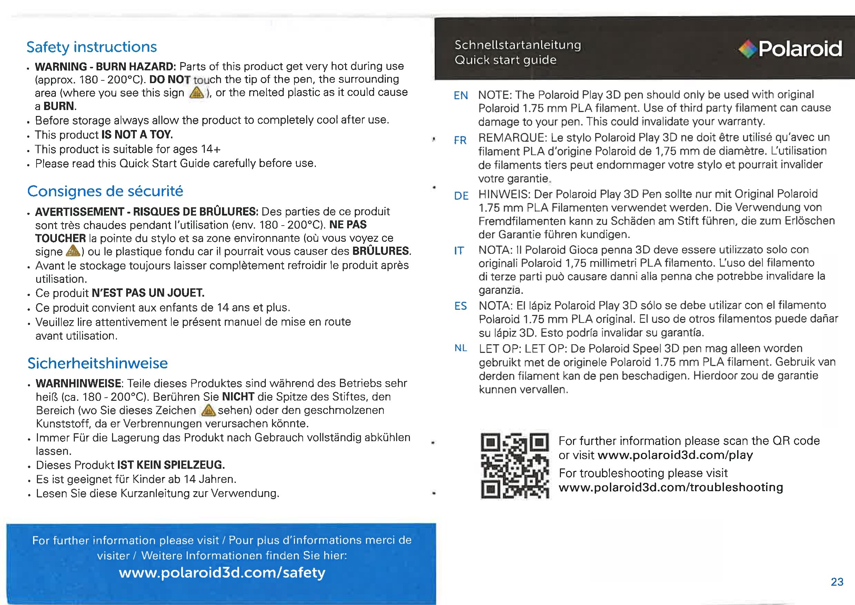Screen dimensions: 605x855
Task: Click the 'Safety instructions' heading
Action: click(92, 47)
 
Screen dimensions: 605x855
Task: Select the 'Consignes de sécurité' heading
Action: click(105, 191)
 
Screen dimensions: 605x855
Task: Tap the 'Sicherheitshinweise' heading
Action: click(98, 363)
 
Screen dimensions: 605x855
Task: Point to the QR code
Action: click(515, 465)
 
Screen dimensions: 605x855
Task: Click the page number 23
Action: click(837, 582)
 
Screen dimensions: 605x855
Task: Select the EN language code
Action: click(461, 96)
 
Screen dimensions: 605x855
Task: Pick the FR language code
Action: click(460, 140)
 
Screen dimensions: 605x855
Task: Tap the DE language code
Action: click(461, 196)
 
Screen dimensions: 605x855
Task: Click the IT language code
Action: click(459, 251)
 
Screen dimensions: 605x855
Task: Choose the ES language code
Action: click(461, 306)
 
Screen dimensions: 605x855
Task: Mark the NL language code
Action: click(461, 348)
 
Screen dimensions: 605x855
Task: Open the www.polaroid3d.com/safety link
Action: click(222, 573)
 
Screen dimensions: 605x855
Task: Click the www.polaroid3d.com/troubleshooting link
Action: click(671, 487)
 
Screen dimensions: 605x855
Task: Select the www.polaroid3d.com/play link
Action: click(675, 455)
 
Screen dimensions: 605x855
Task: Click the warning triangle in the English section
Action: click(197, 92)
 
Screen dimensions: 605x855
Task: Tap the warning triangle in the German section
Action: click(208, 410)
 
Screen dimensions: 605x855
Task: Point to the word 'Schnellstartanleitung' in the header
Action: click(517, 45)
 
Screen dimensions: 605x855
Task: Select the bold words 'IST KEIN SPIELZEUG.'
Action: click(171, 465)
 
